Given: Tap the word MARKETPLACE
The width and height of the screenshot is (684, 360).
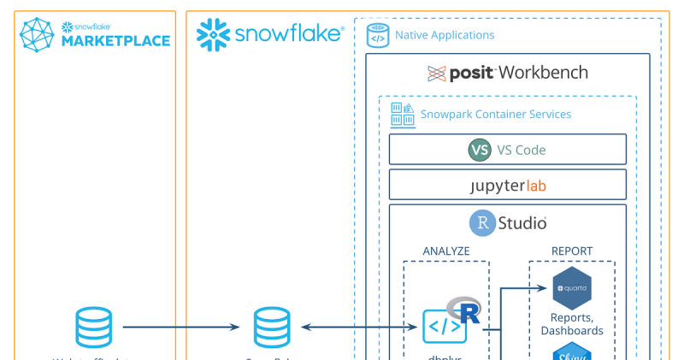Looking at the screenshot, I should [115, 41].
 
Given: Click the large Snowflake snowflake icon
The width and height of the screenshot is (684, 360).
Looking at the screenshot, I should [214, 35].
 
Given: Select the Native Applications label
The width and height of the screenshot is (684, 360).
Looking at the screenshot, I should [444, 36].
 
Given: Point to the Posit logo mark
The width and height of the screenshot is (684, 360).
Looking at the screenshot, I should [437, 74].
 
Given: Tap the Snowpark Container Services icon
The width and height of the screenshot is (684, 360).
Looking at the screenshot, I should [403, 115].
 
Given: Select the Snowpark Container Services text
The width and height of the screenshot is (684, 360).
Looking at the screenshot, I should [495, 115].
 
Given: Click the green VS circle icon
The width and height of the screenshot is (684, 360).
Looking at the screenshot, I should [480, 150].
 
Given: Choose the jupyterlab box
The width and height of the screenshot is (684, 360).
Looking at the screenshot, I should [507, 185].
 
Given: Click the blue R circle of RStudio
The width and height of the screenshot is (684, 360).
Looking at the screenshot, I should [482, 223].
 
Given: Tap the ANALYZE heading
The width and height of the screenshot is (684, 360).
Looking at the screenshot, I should [446, 251].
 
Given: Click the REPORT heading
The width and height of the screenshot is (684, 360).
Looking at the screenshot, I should [572, 251].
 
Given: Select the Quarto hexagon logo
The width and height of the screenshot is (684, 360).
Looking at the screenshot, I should [572, 288].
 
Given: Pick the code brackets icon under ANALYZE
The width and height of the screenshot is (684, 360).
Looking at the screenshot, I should [445, 327].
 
